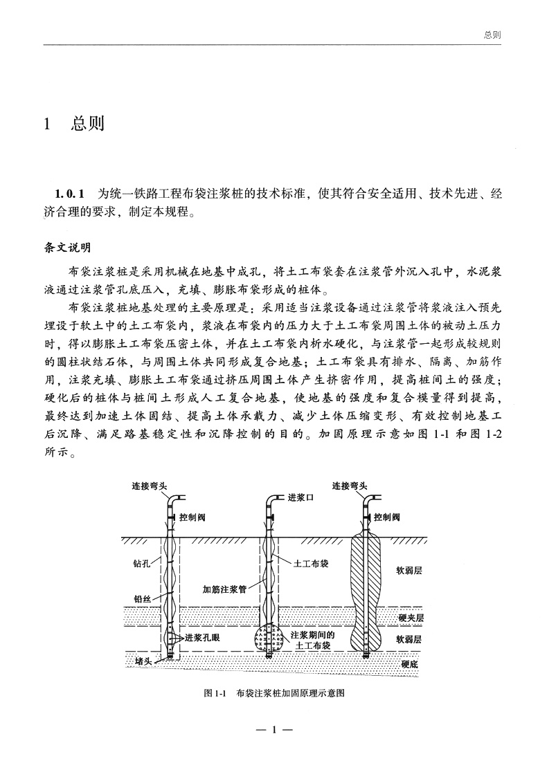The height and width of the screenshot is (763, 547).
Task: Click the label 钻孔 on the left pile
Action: [x=141, y=564]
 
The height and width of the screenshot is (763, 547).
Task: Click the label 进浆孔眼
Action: [x=202, y=638]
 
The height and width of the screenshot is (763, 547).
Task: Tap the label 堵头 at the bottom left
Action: [x=143, y=661]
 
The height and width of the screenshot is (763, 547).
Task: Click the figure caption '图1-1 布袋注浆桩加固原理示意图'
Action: [x=275, y=692]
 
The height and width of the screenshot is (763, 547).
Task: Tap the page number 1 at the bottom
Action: [x=275, y=730]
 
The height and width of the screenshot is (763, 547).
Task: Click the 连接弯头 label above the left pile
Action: [x=149, y=485]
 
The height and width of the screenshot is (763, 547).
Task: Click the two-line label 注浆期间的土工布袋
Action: [x=312, y=640]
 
